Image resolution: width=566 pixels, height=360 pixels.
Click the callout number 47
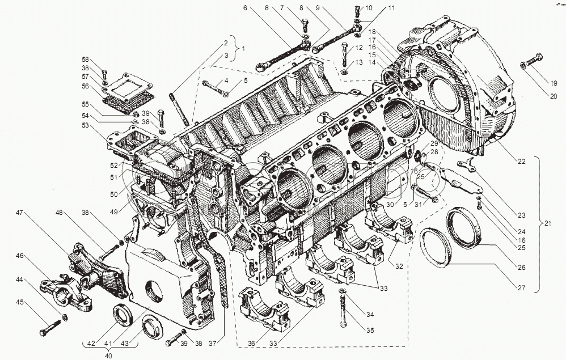tap(19, 213)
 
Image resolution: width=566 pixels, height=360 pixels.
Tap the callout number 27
tap(522, 288)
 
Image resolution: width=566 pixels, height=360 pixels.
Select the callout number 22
tap(522, 161)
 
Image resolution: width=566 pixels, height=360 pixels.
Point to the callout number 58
tap(85, 60)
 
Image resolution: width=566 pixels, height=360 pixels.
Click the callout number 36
tap(251, 344)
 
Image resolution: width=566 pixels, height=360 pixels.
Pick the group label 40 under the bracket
tap(108, 356)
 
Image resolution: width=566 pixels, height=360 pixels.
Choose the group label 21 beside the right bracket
tap(548, 223)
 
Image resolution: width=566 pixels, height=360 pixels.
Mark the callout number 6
tap(245, 8)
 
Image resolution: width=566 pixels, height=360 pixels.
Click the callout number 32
tap(399, 266)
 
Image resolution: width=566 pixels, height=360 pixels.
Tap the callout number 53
tap(85, 125)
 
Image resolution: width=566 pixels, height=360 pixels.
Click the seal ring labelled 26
tap(464, 227)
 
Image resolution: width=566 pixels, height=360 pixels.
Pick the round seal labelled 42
tap(123, 315)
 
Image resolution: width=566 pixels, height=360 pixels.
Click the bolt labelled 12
tap(345, 53)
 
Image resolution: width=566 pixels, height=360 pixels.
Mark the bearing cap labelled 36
tap(264, 308)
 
